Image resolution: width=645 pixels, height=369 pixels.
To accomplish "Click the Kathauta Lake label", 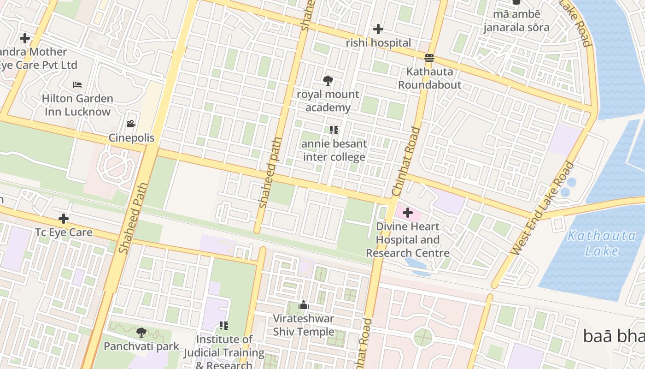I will pos(601,243).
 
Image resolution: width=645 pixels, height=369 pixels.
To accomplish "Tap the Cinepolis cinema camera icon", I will pos(131,124).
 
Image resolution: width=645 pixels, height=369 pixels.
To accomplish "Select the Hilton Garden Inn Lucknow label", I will pos(77,105).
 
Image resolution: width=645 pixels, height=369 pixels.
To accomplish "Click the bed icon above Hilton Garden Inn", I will pos(77,85).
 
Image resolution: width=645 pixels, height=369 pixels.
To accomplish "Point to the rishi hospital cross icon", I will pos(378,29).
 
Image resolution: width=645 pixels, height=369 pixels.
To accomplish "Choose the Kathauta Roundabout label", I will pos(429,78).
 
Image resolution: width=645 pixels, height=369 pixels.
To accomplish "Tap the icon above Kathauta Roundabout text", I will pos(429,58).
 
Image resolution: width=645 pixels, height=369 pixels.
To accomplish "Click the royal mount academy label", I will pos(328,101).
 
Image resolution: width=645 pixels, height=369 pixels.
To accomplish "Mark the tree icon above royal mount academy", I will pos(328,81).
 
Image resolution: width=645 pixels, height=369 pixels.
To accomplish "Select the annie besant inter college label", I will pos(334,150).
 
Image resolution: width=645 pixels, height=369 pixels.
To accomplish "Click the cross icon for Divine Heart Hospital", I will pos(408,213).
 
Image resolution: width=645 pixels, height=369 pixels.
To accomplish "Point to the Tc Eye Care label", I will pos(64,232).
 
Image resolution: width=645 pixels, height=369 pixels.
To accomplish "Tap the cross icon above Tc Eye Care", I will pos(64,218).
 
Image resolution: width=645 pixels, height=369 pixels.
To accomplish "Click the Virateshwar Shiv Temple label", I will pos(304,325).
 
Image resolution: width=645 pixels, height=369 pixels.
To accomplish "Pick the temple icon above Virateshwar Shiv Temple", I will pos(304,305).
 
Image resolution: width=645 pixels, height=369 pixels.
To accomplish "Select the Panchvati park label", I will pos(141,346).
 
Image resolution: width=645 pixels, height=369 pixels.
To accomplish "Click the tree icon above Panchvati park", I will pos(141,332).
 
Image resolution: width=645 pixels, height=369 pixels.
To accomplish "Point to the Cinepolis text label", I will pos(131,138).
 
